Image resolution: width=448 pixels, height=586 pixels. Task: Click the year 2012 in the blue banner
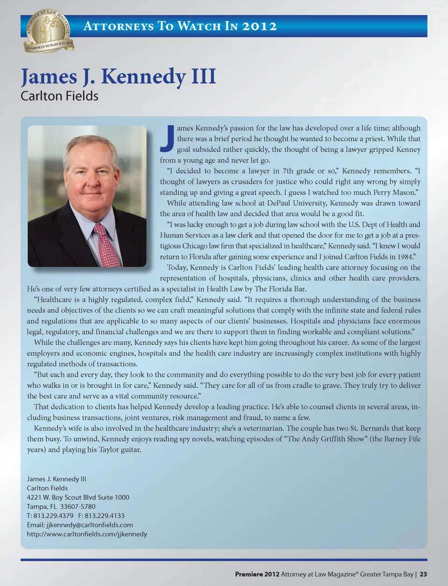259,26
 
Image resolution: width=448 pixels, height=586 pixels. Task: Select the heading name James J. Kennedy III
118,76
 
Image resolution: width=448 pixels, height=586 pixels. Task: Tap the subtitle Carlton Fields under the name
59,96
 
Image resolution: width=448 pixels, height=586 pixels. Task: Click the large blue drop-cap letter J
168,139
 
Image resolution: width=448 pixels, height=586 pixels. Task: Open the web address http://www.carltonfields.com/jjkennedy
87,534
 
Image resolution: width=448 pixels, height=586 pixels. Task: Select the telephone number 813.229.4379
53,515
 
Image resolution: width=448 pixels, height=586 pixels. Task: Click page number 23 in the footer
423,574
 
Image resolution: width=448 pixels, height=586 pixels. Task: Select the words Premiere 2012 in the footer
257,574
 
